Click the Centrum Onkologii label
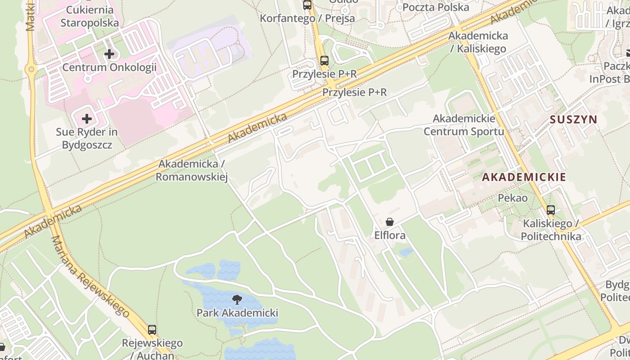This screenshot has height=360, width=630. tap(109, 68)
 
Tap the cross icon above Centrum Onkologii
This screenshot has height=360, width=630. tap(109, 54)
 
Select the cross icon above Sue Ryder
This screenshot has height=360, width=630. tap(87, 119)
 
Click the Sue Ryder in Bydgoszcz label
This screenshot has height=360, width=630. tap(87, 139)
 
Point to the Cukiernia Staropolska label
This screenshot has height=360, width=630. tap(90, 16)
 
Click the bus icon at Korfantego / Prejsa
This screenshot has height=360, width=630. tap(307, 5)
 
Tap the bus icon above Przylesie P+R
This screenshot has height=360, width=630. tap(324, 61)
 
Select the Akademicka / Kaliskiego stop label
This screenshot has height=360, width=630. tap(478, 42)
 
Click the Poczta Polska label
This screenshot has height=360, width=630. tap(435, 7)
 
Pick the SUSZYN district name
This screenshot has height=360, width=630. tap(573, 120)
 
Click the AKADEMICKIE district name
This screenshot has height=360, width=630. tap(524, 177)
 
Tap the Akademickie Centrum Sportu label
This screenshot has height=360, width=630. tap(464, 125)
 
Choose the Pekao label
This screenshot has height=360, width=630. tap(513, 198)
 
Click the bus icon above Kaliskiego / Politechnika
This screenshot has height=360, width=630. tap(550, 210)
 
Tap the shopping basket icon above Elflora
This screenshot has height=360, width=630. tap(390, 222)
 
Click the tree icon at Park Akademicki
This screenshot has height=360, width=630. tap(237, 300)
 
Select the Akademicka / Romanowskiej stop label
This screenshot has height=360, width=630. tap(192, 171)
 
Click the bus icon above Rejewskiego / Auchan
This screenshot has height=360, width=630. tap(152, 330)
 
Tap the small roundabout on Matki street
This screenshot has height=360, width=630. tap(31, 69)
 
